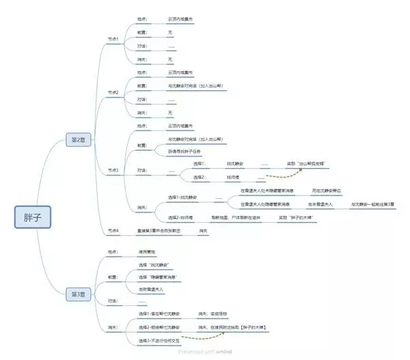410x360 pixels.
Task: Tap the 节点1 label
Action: click(113, 39)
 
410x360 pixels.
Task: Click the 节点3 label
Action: click(113, 170)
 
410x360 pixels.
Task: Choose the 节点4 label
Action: click(113, 232)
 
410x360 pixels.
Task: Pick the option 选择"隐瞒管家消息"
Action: click(157, 277)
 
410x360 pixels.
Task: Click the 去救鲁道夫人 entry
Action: click(152, 289)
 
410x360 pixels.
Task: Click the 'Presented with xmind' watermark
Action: click(205, 352)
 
